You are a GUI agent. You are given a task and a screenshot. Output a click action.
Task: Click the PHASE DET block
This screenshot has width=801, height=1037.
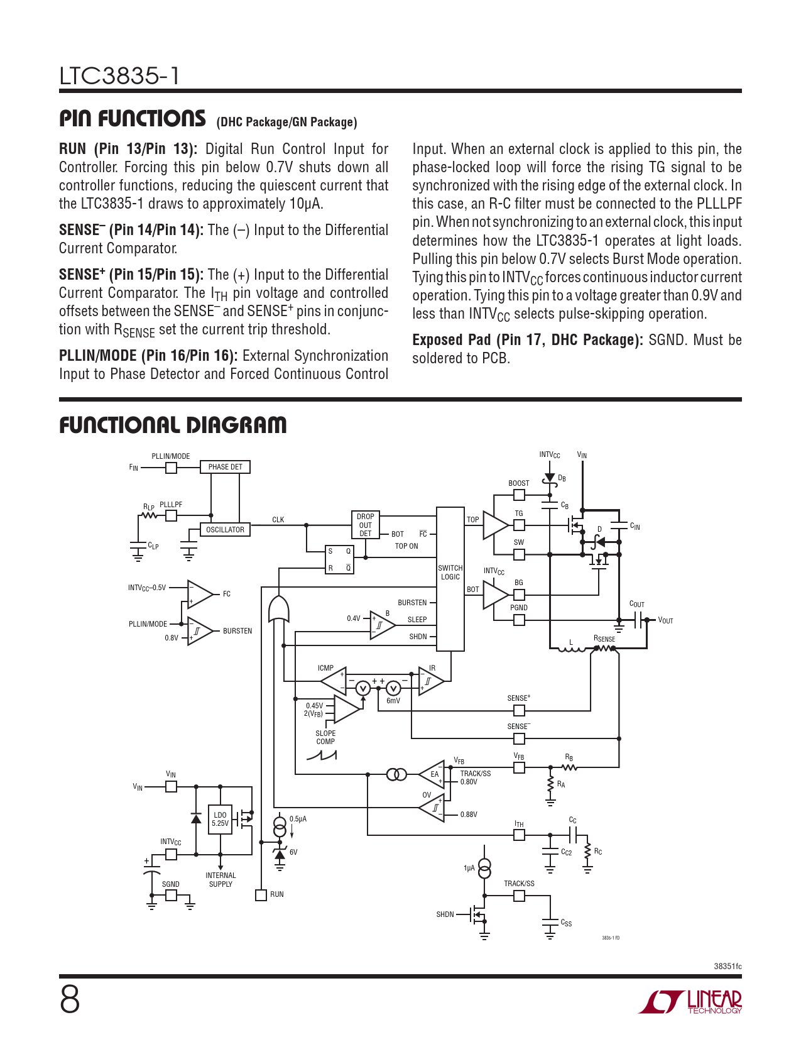point(225,467)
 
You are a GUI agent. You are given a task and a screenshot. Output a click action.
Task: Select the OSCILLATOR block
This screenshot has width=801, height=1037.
point(225,530)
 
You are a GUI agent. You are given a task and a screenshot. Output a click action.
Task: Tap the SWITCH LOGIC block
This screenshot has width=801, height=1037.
point(450,579)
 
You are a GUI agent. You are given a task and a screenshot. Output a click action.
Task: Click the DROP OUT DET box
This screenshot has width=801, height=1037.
point(365,525)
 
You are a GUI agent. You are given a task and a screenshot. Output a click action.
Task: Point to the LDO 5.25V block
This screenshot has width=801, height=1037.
point(220,819)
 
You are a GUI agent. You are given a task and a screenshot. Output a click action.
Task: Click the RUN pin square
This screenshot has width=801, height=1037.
point(261,895)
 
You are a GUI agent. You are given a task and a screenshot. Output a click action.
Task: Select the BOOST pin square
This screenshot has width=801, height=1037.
point(519,495)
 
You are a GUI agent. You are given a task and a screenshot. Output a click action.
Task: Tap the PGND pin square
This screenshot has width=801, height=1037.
point(519,620)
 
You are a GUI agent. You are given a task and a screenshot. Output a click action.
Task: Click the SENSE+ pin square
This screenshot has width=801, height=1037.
point(519,710)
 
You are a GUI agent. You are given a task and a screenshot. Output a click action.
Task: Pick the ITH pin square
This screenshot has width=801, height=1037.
point(519,835)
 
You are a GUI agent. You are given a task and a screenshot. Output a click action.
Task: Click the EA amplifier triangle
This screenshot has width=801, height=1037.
point(433,774)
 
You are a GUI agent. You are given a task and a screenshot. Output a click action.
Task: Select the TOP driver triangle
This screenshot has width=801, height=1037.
point(494,525)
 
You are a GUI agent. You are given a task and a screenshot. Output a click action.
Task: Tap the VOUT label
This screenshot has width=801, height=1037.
point(665,621)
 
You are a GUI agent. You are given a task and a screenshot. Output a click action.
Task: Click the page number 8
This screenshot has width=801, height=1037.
point(70,1000)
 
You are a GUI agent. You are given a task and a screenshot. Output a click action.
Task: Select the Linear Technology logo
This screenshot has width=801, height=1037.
point(690,1002)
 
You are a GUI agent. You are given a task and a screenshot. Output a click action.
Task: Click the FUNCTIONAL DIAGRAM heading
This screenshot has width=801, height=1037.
point(173,425)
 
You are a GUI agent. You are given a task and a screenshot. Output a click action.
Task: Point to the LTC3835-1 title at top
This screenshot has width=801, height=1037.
point(119,77)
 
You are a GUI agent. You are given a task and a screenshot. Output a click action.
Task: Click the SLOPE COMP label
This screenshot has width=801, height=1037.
point(325,737)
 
